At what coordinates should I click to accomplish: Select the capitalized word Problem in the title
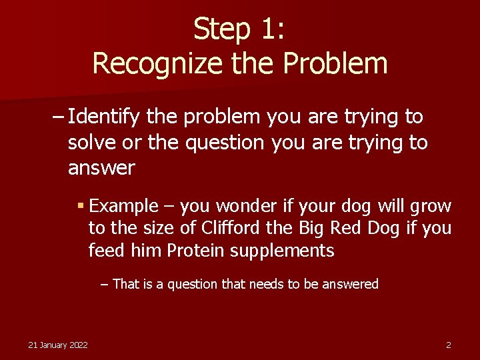click(x=335, y=63)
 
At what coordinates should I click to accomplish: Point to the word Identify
click(x=104, y=117)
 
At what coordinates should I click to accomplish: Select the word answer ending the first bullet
click(x=101, y=168)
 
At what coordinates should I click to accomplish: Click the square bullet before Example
click(x=81, y=206)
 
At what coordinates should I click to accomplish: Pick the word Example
click(x=123, y=207)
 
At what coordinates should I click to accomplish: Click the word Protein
click(x=195, y=251)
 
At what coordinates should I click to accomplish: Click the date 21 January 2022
click(x=58, y=345)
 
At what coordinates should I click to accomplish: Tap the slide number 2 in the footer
click(x=449, y=345)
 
